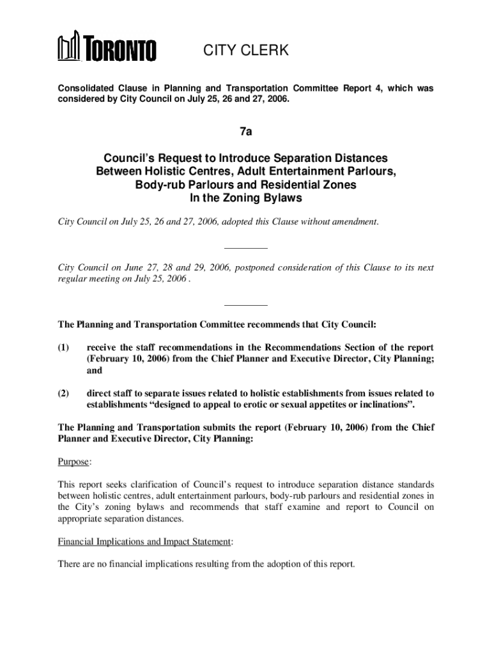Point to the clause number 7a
tap(245, 132)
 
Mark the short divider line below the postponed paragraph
tap(245, 305)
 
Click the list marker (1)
tap(64, 348)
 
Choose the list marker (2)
tap(64, 393)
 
